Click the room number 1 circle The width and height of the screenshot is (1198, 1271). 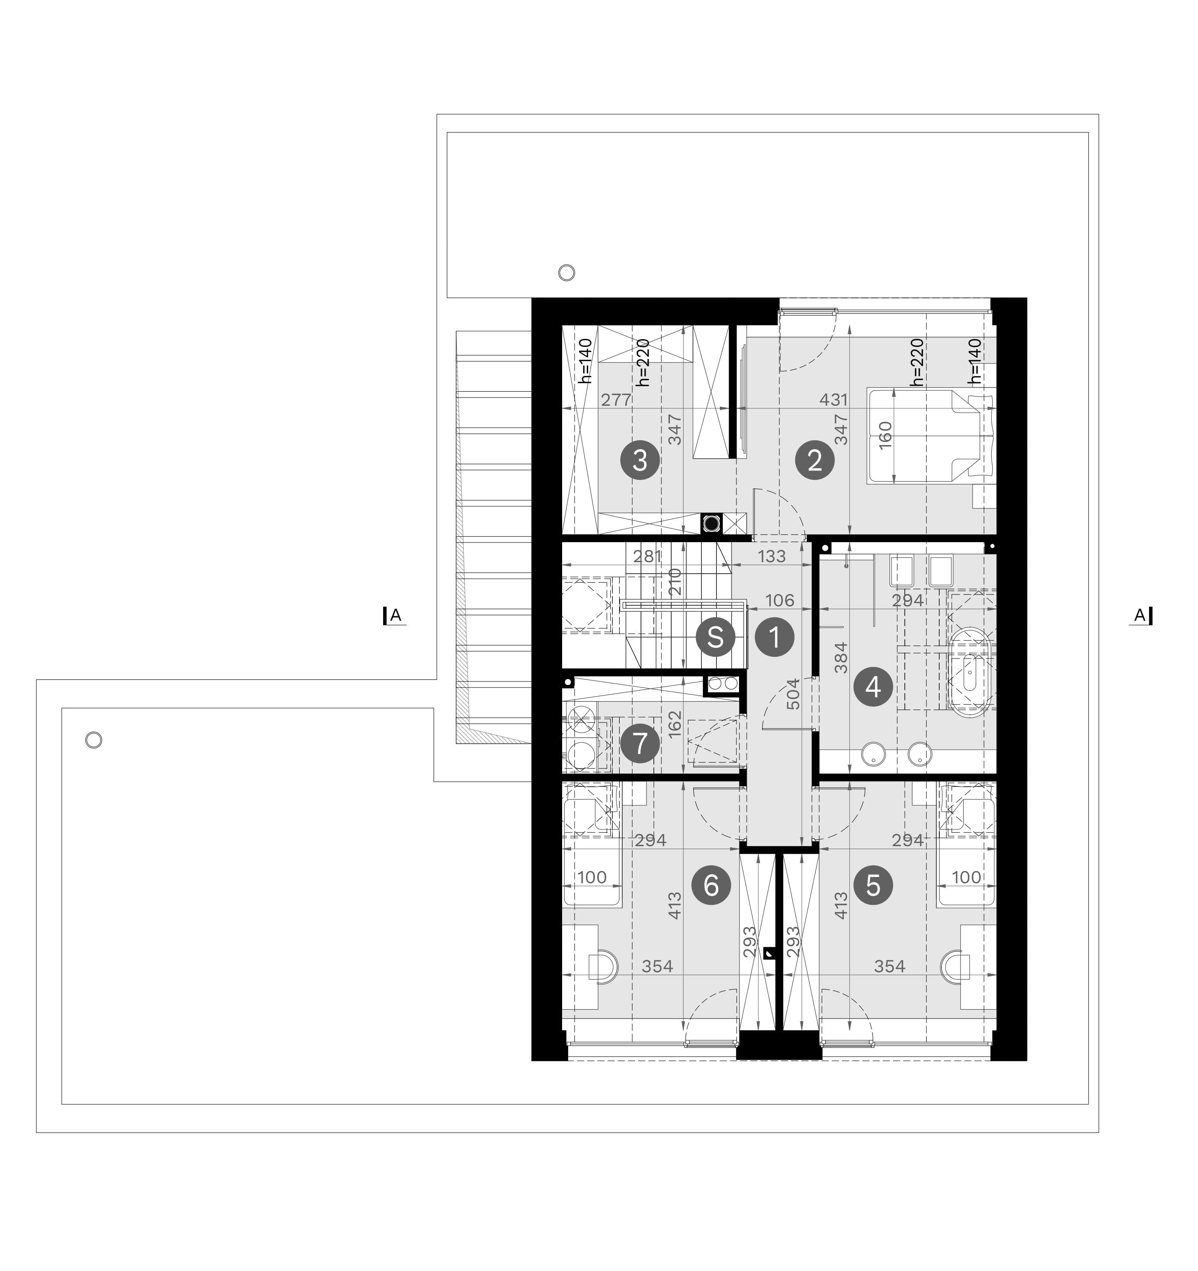775,638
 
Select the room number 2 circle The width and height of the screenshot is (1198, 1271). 815,460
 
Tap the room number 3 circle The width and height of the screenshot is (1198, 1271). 640,460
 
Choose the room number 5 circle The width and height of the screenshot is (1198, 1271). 873,886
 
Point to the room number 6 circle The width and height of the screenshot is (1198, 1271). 711,886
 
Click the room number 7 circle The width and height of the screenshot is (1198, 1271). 640,743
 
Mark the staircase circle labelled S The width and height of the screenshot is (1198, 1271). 715,638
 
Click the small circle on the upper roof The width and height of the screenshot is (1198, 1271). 566,273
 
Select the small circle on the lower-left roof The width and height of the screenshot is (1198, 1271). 93,740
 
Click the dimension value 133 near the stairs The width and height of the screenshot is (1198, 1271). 771,556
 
